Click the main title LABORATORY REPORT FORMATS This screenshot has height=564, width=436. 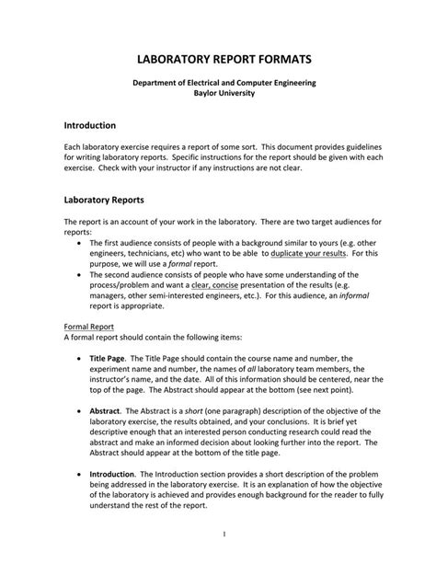pyautogui.click(x=218, y=59)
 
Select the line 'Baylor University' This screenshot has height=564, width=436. pyautogui.click(x=218, y=93)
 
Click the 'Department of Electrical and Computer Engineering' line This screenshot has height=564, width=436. pyautogui.click(x=218, y=83)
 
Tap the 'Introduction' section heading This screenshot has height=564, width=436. pyautogui.click(x=89, y=123)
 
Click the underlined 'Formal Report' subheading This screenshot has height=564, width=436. pyautogui.click(x=89, y=327)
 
